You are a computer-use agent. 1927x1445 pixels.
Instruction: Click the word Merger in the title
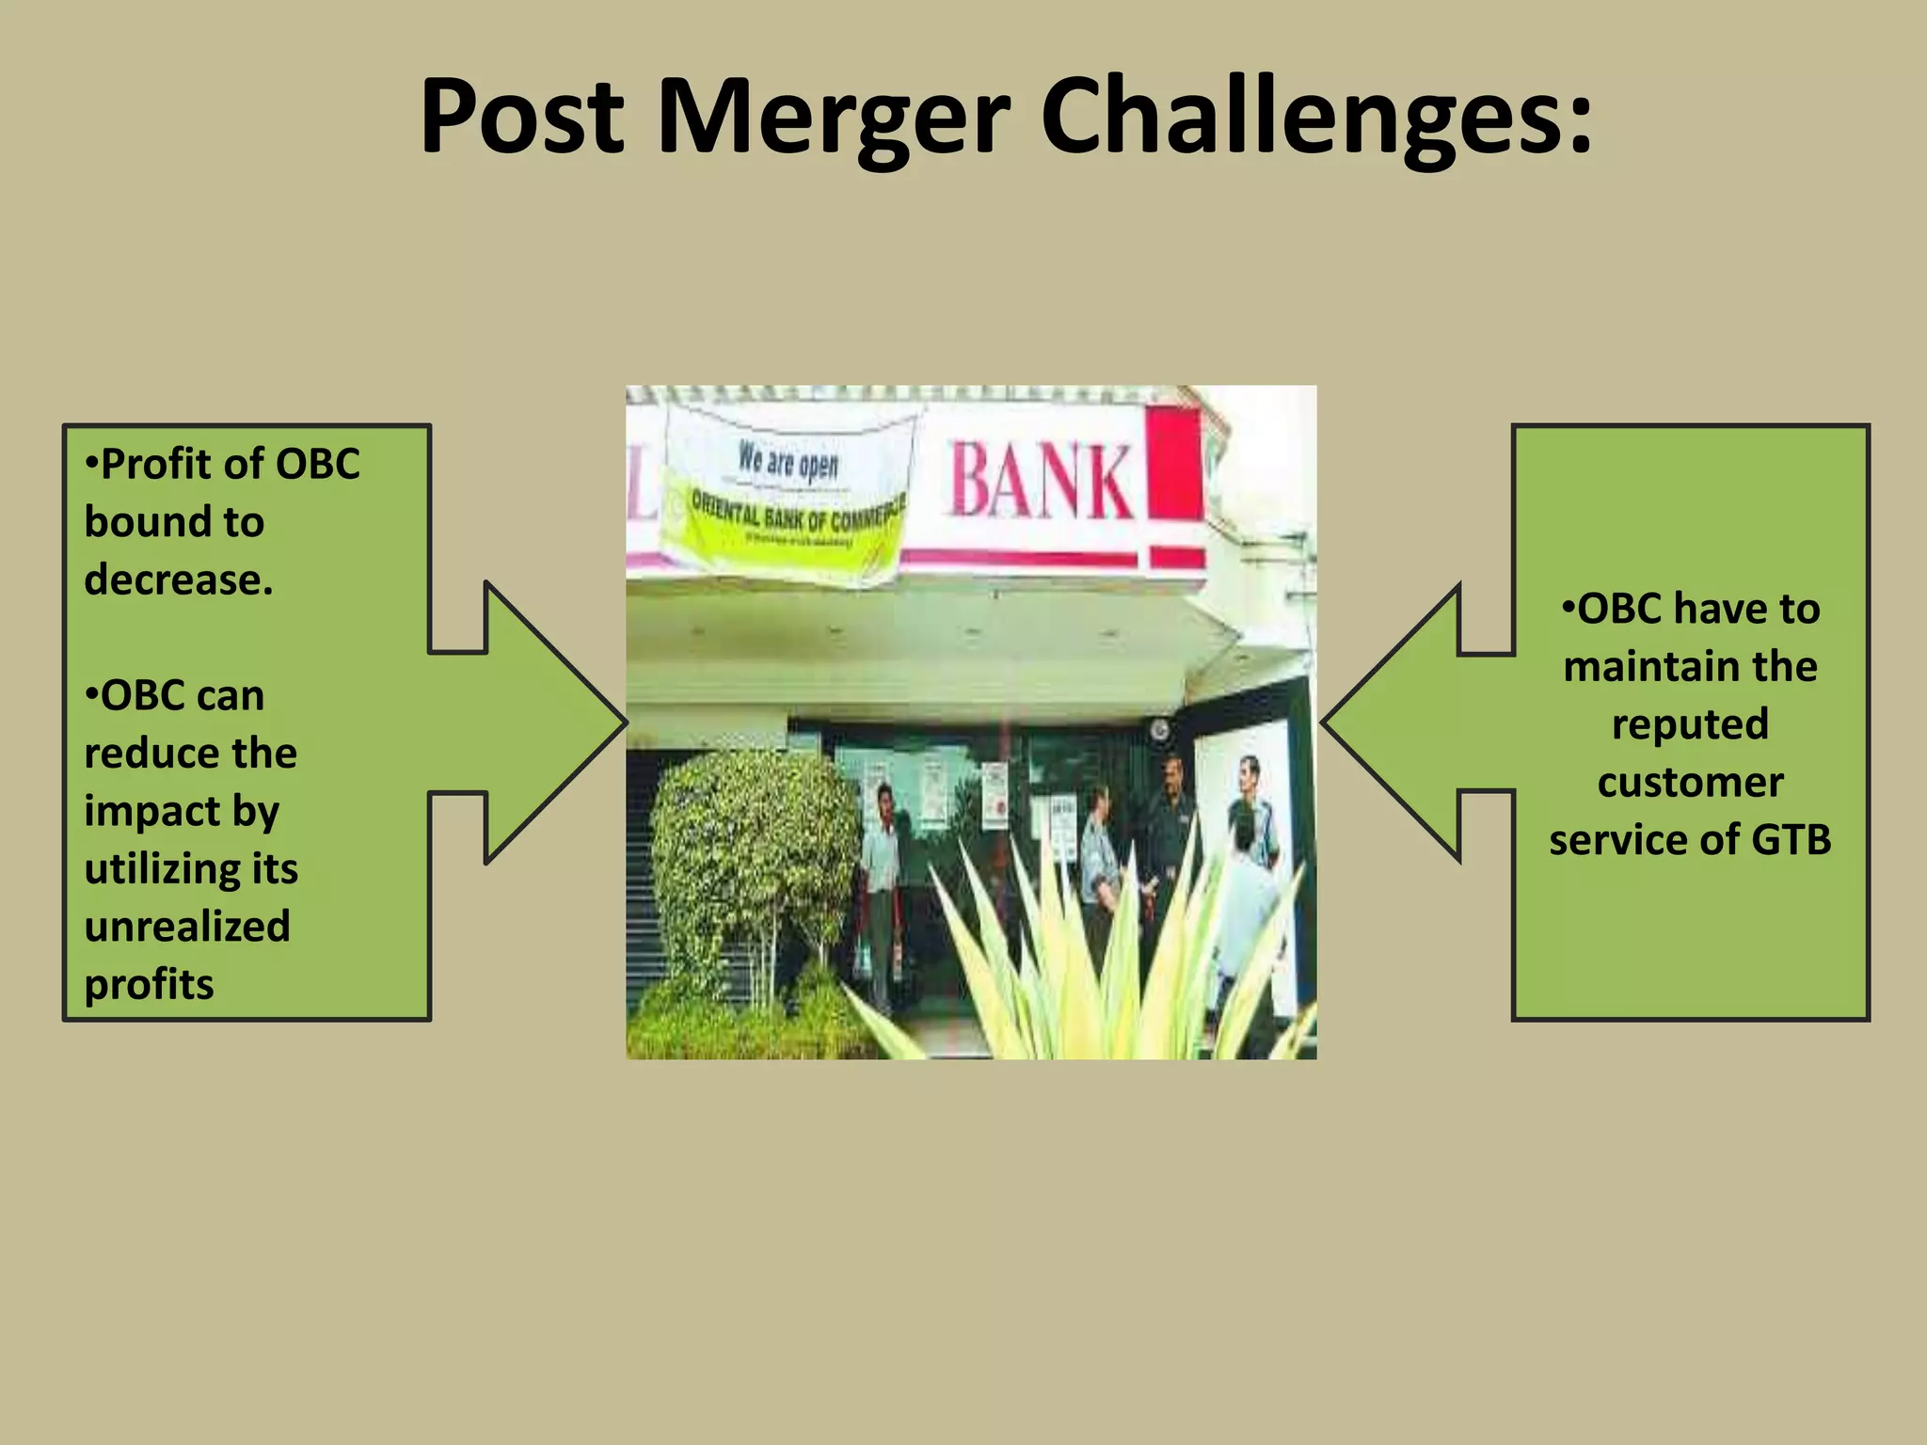(834, 118)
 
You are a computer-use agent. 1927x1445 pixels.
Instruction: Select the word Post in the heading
(522, 118)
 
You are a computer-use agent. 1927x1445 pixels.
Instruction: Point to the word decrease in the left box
(178, 580)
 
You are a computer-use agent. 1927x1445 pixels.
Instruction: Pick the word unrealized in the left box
(187, 927)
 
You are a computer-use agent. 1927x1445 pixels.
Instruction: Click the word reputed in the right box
(1690, 724)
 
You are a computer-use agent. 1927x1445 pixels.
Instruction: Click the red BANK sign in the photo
(1041, 482)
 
